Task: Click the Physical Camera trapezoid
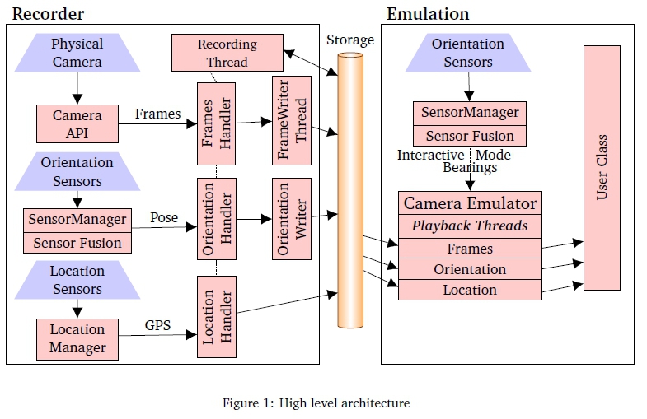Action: click(77, 53)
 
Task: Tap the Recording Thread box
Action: click(227, 53)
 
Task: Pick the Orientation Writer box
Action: click(292, 218)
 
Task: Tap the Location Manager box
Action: click(77, 338)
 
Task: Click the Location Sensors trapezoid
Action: click(77, 280)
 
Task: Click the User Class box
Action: click(602, 167)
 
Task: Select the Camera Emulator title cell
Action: click(470, 203)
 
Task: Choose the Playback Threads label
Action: click(470, 226)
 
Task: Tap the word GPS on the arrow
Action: click(158, 325)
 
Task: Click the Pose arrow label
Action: click(164, 217)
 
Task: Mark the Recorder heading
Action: click(48, 13)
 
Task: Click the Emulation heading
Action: click(428, 13)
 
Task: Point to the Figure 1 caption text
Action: click(316, 403)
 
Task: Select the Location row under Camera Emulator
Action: click(470, 290)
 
